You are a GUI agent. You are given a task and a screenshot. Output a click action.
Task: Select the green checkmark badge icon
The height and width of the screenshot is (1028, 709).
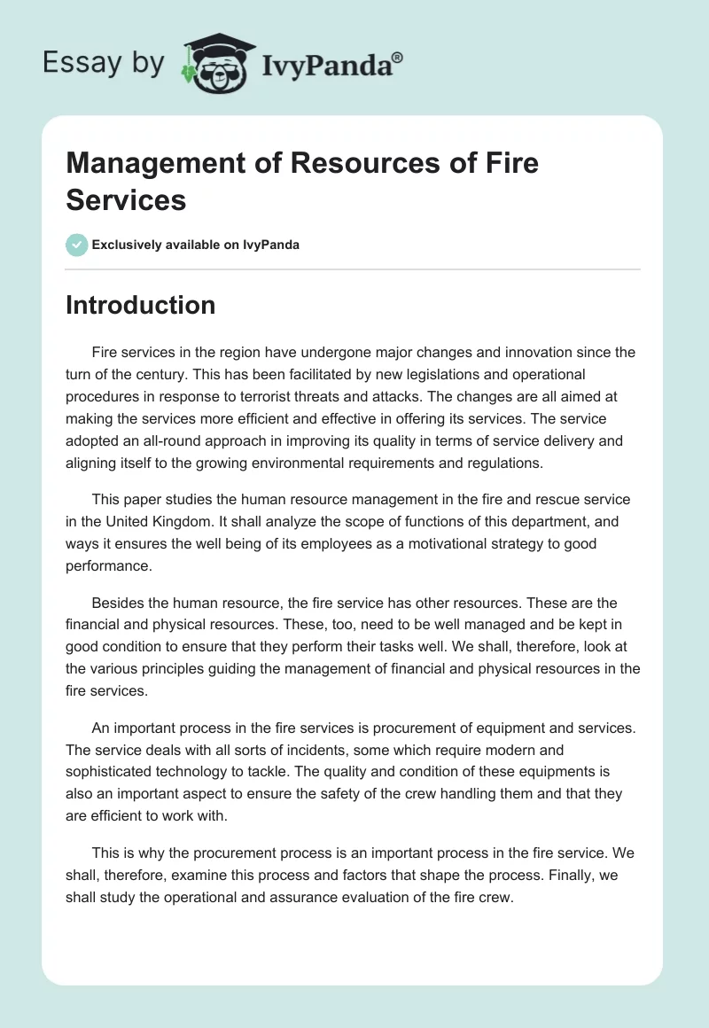click(77, 245)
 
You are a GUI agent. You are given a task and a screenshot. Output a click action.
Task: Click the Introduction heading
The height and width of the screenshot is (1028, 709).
click(140, 305)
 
